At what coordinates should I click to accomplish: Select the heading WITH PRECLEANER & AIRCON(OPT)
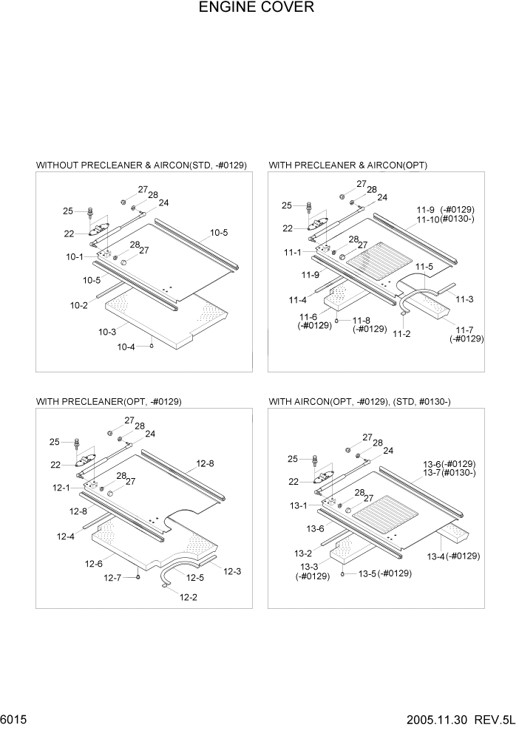point(347,165)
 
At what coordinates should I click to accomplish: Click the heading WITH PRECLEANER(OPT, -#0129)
point(109,401)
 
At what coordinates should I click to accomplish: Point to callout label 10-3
point(106,333)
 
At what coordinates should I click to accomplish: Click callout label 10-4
point(126,347)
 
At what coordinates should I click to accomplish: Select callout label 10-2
point(79,305)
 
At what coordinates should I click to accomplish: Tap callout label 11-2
point(401,334)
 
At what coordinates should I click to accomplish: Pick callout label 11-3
point(464,299)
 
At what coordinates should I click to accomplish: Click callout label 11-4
point(297,300)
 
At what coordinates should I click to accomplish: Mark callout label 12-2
point(189,596)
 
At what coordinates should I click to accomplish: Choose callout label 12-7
point(112,578)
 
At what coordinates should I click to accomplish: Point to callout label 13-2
point(302,553)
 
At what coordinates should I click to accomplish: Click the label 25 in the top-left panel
point(68,211)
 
